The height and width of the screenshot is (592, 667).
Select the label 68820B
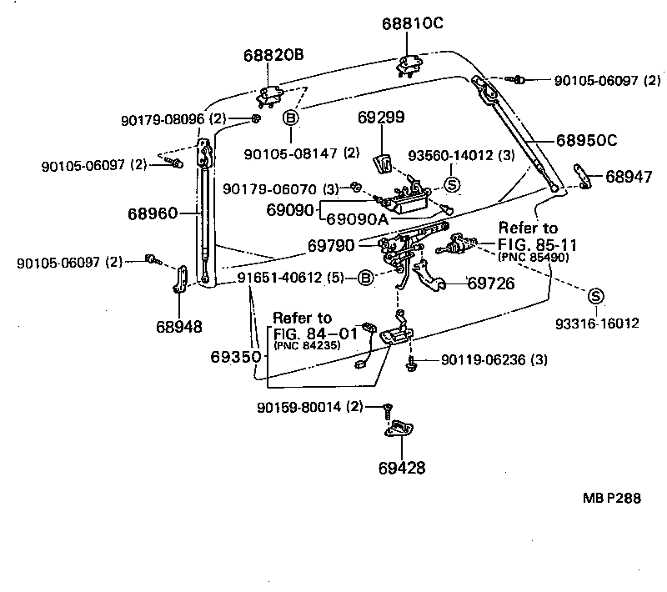click(273, 56)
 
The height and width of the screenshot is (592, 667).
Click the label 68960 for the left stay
click(153, 214)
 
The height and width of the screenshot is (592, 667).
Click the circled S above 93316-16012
click(595, 295)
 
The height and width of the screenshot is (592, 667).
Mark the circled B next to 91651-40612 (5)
click(365, 278)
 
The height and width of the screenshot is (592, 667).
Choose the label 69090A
click(356, 220)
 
